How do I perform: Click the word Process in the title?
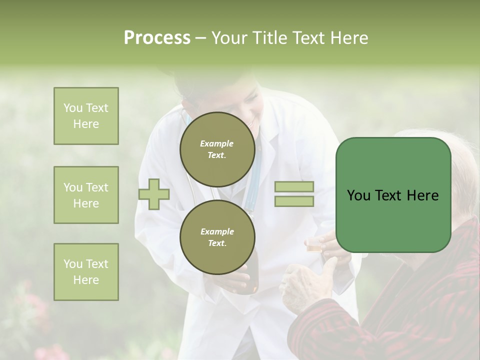point(157,38)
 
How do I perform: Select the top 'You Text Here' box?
point(86,116)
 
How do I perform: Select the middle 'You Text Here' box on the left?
point(86,195)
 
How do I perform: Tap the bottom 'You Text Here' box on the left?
point(86,272)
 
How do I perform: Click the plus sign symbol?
point(154,194)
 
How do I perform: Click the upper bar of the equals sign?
point(294,187)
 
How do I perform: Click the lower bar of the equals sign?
point(294,201)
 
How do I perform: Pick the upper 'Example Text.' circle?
point(217,149)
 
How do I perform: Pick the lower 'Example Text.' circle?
point(217,237)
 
